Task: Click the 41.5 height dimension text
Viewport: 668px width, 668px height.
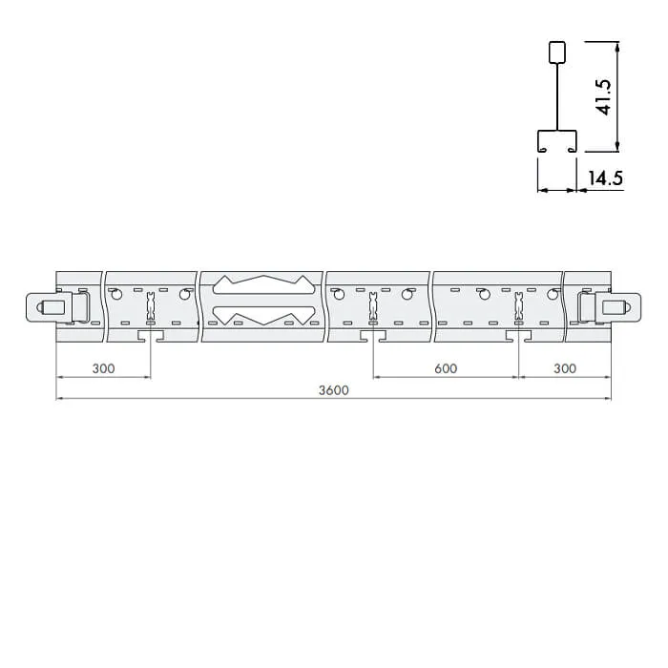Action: tap(604, 97)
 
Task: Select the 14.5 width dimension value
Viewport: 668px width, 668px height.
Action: tap(605, 177)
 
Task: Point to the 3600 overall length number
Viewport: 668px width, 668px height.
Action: tap(334, 390)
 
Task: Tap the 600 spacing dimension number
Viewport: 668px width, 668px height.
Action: tap(446, 368)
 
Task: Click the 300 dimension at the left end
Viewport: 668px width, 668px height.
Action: tap(103, 368)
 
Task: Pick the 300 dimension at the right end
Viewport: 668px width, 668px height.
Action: tap(565, 368)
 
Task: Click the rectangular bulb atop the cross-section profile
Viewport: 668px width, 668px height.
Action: tap(556, 52)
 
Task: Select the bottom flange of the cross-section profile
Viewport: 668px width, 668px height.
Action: tap(556, 140)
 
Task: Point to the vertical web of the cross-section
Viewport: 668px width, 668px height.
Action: tap(556, 96)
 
